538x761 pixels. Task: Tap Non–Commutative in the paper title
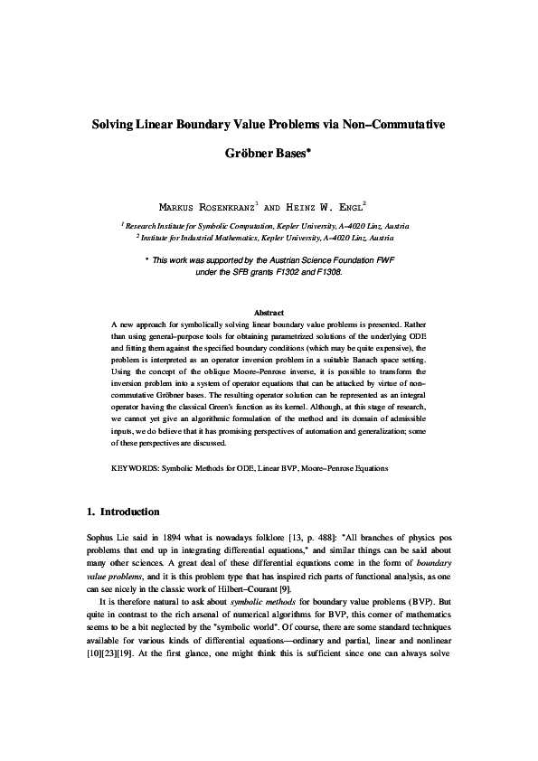[392, 122]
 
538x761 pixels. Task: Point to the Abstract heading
[269, 312]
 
